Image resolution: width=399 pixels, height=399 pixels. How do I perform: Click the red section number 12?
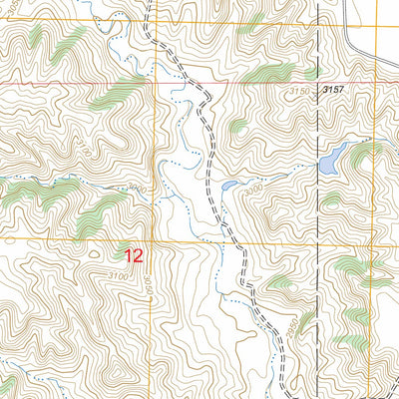point(134,255)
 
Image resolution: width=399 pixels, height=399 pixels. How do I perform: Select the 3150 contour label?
point(300,91)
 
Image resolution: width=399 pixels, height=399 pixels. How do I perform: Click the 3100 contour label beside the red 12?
point(118,274)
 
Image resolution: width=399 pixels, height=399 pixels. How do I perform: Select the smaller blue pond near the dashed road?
point(229,185)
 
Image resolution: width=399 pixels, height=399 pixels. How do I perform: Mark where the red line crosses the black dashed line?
point(319,83)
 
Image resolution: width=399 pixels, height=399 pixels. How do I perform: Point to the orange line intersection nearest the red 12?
point(153,239)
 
